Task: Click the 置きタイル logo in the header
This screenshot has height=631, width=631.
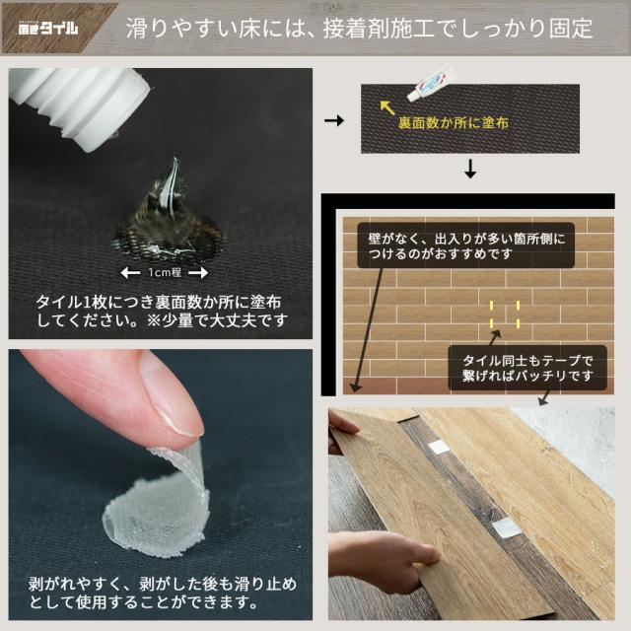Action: click(48, 29)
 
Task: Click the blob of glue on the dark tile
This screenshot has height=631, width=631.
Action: click(169, 217)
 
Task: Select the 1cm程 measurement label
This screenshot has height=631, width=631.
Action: click(165, 273)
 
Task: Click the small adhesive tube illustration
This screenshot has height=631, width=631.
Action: click(433, 83)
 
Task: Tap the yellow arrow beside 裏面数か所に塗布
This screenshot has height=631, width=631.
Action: click(387, 107)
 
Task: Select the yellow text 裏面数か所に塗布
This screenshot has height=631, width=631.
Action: click(454, 122)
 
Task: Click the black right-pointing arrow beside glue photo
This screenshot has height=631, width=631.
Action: click(334, 120)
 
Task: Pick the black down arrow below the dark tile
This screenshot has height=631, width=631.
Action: click(470, 169)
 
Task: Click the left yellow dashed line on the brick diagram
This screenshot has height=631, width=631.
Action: click(491, 315)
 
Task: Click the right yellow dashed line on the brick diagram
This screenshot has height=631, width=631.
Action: click(518, 315)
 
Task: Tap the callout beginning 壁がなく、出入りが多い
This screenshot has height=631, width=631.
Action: click(466, 245)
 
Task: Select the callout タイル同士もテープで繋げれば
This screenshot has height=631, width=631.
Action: click(527, 368)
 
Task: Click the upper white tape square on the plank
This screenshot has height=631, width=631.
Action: click(438, 448)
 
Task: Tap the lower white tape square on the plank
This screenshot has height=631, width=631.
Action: click(506, 527)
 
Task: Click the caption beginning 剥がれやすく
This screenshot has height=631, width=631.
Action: click(161, 593)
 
